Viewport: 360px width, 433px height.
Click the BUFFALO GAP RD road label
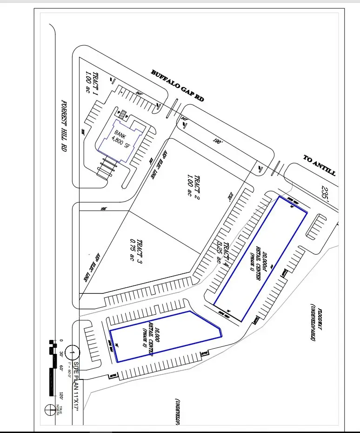[x=178, y=86]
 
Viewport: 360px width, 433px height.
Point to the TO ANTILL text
[x=319, y=165]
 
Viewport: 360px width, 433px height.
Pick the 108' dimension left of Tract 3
[x=103, y=209]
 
